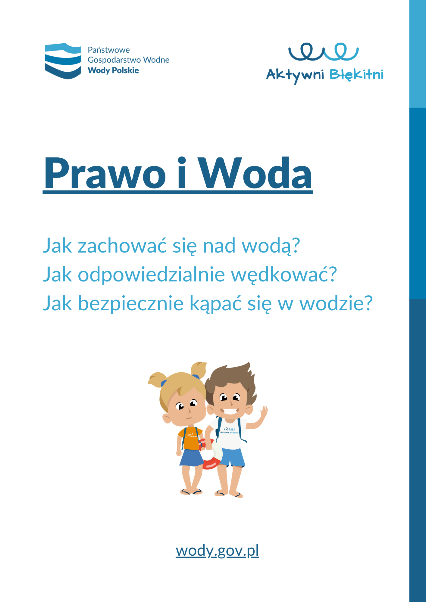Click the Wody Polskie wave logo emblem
[63, 61]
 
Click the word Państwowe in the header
[109, 50]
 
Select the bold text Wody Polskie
[113, 70]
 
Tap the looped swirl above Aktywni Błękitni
[324, 51]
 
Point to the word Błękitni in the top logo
[356, 75]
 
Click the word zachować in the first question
[122, 246]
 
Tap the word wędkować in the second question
[283, 275]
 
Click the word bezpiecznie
[130, 303]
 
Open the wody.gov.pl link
[217, 551]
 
